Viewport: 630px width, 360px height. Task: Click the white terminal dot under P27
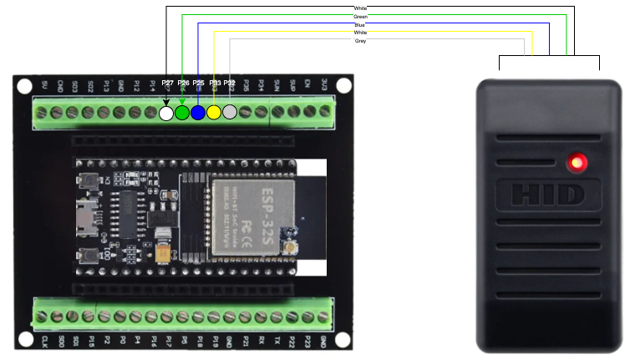[166, 113]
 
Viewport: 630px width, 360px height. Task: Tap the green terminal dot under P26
[182, 113]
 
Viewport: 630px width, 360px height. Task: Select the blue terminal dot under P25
[198, 113]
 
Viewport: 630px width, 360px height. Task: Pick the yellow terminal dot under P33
[214, 113]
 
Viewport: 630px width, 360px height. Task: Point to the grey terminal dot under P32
[230, 112]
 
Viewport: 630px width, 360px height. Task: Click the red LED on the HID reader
[576, 162]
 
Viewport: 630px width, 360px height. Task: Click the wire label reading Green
[360, 16]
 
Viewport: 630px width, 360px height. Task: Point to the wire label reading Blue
[359, 25]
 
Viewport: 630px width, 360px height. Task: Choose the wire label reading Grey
[360, 40]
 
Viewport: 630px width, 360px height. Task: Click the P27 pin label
[168, 84]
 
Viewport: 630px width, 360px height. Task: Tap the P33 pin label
[215, 84]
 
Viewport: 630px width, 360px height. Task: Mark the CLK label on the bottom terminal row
[43, 342]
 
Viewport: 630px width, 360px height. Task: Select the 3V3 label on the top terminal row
[323, 84]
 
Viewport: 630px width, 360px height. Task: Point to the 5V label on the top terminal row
[44, 84]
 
